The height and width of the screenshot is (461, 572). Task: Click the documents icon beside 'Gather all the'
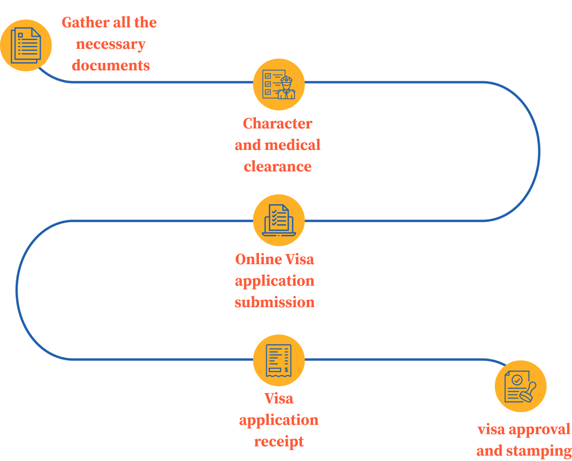click(26, 45)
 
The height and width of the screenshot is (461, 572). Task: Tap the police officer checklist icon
click(278, 84)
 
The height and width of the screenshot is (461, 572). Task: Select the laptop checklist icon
click(278, 220)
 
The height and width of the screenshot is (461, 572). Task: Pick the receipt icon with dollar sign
click(278, 360)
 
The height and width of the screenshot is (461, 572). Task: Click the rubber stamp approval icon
click(520, 386)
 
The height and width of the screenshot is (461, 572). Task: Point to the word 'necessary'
click(110, 44)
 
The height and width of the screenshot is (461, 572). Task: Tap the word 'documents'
click(111, 65)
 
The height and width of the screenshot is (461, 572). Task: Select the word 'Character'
click(277, 124)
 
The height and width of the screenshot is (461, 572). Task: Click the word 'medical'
click(292, 145)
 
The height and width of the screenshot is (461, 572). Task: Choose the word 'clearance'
click(277, 167)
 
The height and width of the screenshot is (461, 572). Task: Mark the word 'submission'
click(275, 302)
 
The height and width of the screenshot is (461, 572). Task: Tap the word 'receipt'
click(278, 441)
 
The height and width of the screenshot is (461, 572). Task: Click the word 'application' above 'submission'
click(275, 281)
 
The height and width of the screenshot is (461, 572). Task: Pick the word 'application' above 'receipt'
click(278, 420)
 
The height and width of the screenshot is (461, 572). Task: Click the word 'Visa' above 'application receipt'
click(278, 398)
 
